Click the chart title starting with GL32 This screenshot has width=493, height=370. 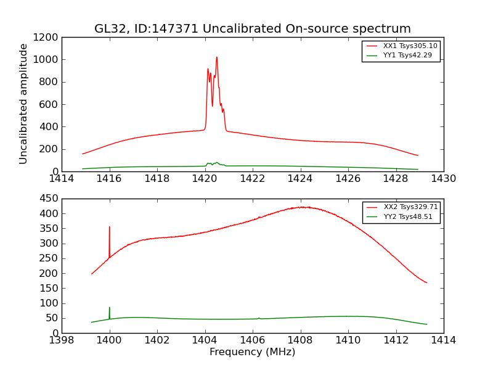(x=252, y=29)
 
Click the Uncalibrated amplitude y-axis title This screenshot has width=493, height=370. (x=24, y=104)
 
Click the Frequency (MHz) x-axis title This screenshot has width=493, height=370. (x=252, y=352)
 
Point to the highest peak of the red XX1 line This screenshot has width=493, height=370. (x=216, y=57)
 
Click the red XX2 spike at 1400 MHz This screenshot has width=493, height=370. (x=110, y=227)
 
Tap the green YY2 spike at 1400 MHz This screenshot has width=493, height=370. (x=110, y=308)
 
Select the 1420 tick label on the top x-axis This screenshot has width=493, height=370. (x=205, y=179)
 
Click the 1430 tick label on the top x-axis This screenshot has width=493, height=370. (x=443, y=179)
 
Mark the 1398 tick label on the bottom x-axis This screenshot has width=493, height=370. (x=62, y=340)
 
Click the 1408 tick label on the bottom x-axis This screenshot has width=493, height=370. (x=300, y=340)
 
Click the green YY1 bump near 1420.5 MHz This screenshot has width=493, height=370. (x=216, y=163)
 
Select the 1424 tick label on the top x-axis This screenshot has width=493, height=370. (x=300, y=179)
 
